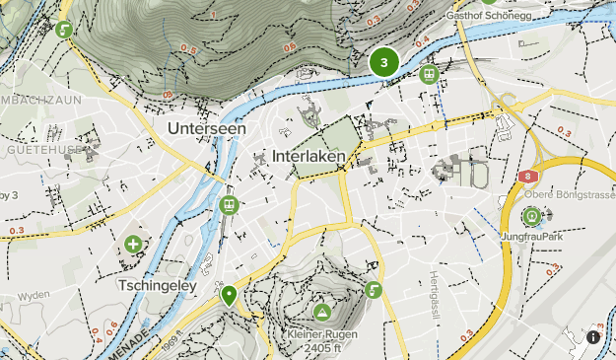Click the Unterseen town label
click(x=206, y=128)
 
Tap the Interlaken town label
click(x=307, y=157)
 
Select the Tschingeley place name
click(x=158, y=285)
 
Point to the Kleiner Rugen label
click(x=321, y=332)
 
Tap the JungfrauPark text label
click(x=532, y=237)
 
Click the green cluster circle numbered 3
click(x=383, y=63)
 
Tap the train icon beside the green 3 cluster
click(x=429, y=74)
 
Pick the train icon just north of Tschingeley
click(x=229, y=204)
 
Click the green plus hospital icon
click(x=132, y=244)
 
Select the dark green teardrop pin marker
click(x=229, y=294)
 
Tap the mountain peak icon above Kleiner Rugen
click(x=321, y=312)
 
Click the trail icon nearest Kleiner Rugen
click(x=373, y=290)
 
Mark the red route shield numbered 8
click(x=529, y=177)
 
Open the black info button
click(x=593, y=337)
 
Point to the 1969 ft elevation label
click(x=171, y=346)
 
